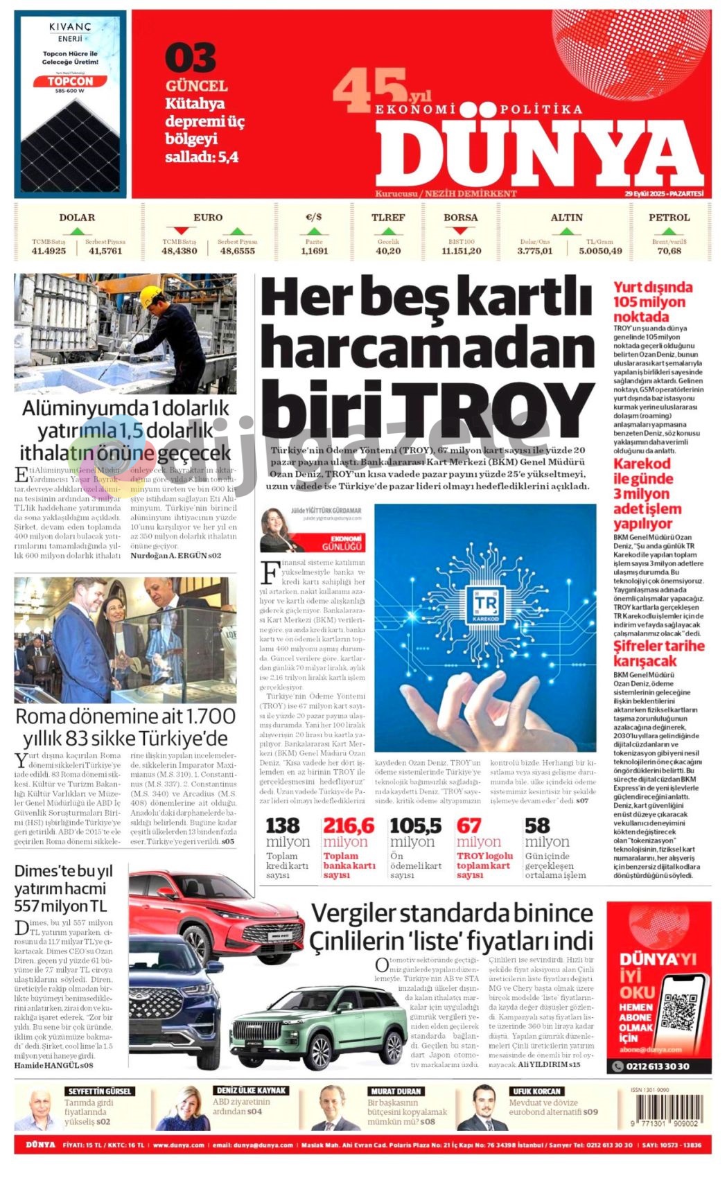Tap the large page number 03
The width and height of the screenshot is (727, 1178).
click(191, 58)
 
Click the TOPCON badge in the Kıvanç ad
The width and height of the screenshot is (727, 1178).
click(69, 81)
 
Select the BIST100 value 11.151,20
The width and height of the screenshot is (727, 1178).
click(461, 251)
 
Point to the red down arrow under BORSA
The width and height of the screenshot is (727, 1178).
click(460, 231)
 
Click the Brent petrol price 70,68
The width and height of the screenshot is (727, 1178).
click(669, 251)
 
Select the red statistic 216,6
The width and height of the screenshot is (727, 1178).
click(348, 825)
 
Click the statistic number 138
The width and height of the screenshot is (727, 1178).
click(283, 825)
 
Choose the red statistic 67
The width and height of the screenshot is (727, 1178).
click(468, 825)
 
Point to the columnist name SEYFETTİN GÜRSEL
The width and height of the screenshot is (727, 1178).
click(99, 1091)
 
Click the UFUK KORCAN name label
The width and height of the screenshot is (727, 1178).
click(536, 1091)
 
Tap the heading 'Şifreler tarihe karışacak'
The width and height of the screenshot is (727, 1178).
click(658, 653)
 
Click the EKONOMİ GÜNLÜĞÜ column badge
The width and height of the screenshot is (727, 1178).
click(347, 542)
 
